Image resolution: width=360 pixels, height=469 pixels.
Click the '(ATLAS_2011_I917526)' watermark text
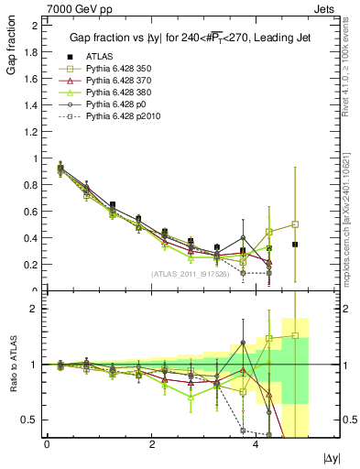(x=191, y=272)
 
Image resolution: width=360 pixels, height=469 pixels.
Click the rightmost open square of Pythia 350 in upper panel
(x=295, y=224)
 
